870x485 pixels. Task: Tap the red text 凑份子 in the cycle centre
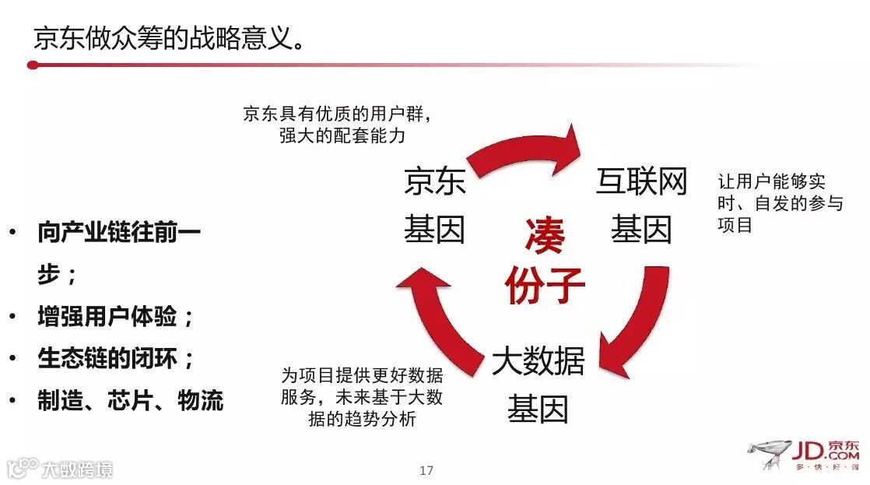point(544,261)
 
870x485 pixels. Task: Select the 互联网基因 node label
point(641,206)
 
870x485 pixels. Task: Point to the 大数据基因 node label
point(538,385)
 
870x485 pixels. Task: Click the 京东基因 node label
point(434,206)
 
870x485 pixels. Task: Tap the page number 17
point(426,470)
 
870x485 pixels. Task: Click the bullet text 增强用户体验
point(115,317)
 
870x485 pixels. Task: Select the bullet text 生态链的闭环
point(115,358)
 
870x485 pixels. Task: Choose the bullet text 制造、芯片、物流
point(130,400)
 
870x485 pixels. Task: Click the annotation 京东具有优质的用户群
point(337,114)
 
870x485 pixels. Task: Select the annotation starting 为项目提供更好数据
point(361,397)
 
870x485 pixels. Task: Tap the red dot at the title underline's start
point(32,65)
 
